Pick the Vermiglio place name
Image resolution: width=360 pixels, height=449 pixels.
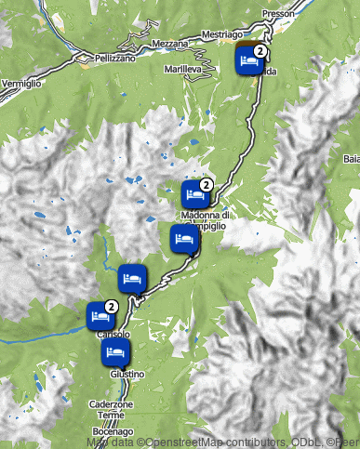[20, 84]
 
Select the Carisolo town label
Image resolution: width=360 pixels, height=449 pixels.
[113, 334]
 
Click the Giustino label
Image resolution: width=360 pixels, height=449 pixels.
[127, 374]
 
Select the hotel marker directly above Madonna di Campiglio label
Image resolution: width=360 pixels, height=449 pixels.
[194, 195]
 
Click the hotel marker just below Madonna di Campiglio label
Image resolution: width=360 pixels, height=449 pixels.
[184, 240]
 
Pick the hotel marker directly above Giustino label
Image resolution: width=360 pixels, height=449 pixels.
[115, 353]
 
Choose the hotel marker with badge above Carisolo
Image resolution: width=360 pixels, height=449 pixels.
[100, 315]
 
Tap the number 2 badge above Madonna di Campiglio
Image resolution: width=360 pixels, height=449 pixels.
[207, 186]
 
